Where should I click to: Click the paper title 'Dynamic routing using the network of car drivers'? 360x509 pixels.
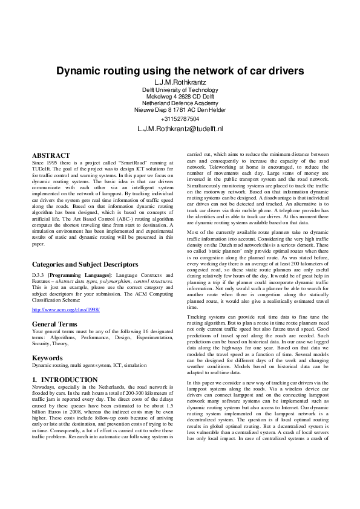point(180,71)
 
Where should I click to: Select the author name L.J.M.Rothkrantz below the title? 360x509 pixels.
point(180,82)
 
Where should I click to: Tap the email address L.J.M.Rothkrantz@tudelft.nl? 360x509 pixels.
point(180,129)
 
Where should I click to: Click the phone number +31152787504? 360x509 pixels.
point(180,119)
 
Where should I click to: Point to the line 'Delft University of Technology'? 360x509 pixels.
point(180,89)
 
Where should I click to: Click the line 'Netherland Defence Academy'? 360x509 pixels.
point(180,103)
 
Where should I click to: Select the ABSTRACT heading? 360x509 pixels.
point(51,155)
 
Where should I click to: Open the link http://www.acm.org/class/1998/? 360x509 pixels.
point(65,310)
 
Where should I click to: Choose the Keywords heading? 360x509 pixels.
point(48,358)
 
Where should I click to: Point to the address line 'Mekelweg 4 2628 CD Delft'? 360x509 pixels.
point(180,96)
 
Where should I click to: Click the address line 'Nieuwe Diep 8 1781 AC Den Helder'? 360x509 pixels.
point(180,110)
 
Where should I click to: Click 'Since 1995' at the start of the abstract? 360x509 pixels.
point(45,163)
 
